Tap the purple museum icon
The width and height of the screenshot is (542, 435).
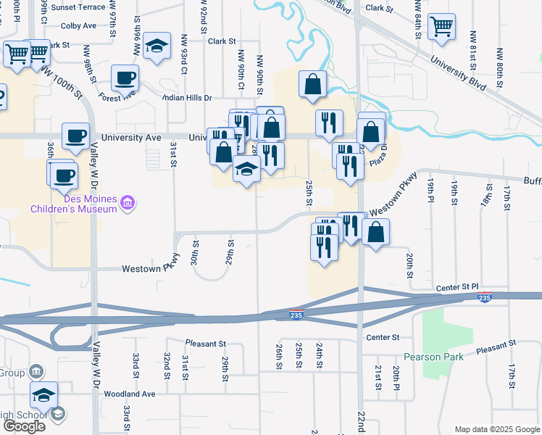pyautogui.click(x=128, y=204)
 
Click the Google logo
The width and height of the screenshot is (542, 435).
pyautogui.click(x=24, y=426)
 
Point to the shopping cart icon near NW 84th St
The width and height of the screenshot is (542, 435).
pyautogui.click(x=441, y=28)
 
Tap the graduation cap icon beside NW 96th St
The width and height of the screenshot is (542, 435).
pyautogui.click(x=157, y=46)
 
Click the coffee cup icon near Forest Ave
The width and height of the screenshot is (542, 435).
pyautogui.click(x=125, y=77)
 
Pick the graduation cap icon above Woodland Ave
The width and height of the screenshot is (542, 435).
pyautogui.click(x=43, y=395)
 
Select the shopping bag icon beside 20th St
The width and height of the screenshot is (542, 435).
pyautogui.click(x=375, y=233)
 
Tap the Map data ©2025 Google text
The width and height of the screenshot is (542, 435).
pyautogui.click(x=497, y=429)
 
